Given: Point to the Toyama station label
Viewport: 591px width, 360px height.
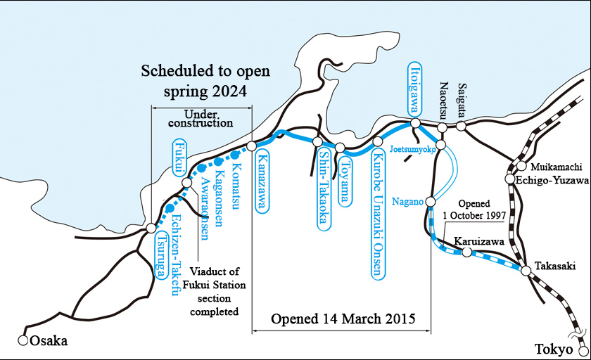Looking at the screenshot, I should tap(345, 181).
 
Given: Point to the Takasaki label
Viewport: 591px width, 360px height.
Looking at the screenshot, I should tap(555, 266).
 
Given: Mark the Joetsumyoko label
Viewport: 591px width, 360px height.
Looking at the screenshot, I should tap(415, 150).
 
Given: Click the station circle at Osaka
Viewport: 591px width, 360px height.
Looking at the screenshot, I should tap(23, 341).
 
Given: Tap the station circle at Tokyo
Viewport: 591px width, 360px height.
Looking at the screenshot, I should tap(581, 349).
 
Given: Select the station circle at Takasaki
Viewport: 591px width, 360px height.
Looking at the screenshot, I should tap(526, 269).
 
